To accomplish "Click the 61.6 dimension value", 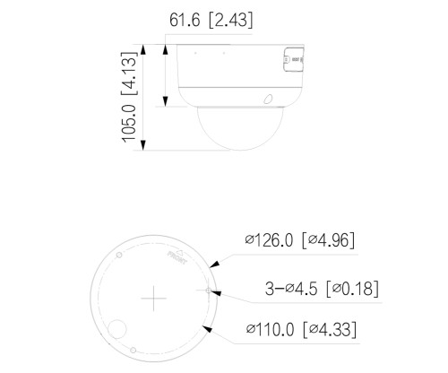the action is [185, 21].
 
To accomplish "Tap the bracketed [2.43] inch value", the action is [230, 21].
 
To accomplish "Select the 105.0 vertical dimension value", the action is [129, 124].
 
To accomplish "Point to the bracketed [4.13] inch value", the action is [129, 74].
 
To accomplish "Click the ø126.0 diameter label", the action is [269, 240].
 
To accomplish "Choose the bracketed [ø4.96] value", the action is [328, 240].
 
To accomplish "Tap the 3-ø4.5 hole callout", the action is [291, 289].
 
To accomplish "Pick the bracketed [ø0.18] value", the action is [353, 289].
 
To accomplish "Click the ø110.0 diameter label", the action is [270, 330].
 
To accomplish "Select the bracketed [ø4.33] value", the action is [330, 330].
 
